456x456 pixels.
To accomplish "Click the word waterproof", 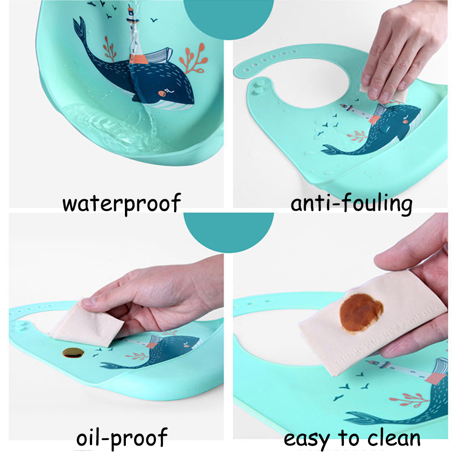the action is pos(122,203).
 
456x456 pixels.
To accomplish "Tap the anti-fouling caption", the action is pos(351,203).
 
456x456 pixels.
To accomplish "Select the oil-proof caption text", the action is pos(122,438).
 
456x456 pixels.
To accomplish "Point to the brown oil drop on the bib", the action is pos(73,353).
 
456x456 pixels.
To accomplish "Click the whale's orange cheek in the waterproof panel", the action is pos(162,93).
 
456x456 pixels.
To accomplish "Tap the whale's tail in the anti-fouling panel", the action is pos(332,150).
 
